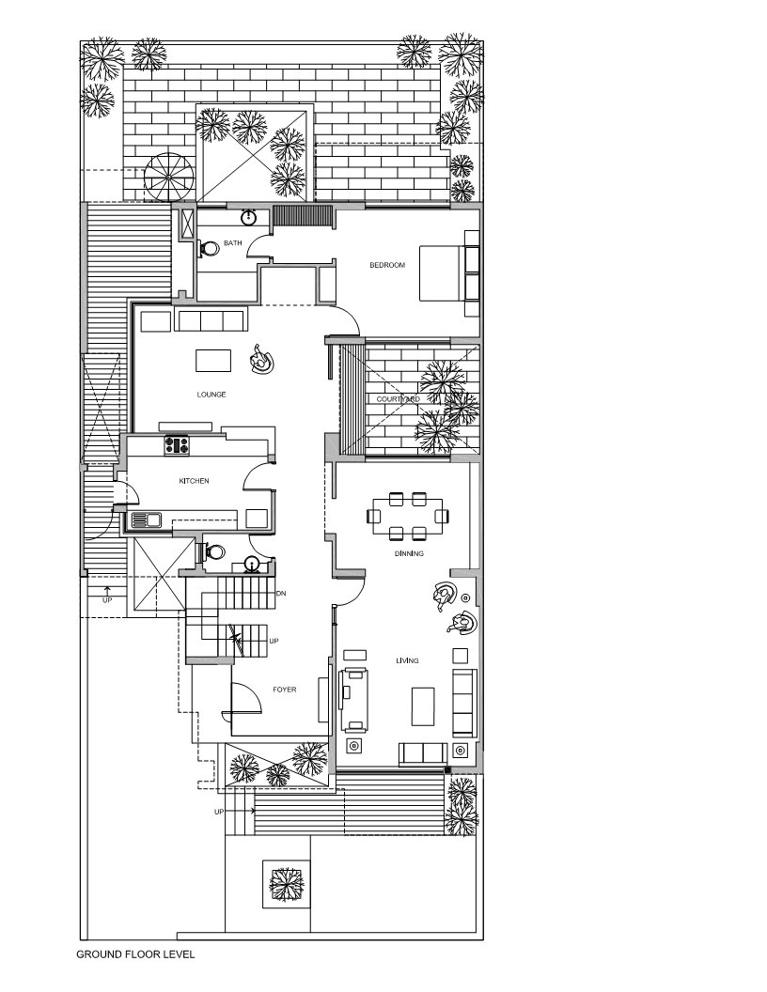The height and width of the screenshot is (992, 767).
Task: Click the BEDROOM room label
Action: pyautogui.click(x=387, y=266)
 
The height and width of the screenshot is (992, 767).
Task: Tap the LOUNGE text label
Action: pyautogui.click(x=211, y=395)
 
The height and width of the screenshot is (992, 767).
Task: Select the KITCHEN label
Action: pyautogui.click(x=194, y=481)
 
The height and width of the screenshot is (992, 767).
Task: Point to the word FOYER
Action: pyautogui.click(x=285, y=690)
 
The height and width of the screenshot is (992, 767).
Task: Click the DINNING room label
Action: pyautogui.click(x=409, y=554)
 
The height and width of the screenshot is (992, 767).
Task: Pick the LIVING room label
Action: pyautogui.click(x=407, y=661)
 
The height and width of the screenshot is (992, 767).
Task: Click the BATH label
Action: pyautogui.click(x=232, y=243)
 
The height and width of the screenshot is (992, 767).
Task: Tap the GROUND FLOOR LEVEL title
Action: pyautogui.click(x=135, y=954)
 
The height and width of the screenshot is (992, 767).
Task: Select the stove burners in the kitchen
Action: pyautogui.click(x=176, y=444)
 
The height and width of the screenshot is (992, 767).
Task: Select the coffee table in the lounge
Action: pyautogui.click(x=213, y=360)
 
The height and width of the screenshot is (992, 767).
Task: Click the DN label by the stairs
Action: pyautogui.click(x=281, y=595)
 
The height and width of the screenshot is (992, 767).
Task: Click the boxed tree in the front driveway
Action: pyautogui.click(x=286, y=884)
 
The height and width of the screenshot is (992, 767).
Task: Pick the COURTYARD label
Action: pyautogui.click(x=398, y=399)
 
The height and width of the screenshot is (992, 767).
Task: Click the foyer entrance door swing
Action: pyautogui.click(x=246, y=697)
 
